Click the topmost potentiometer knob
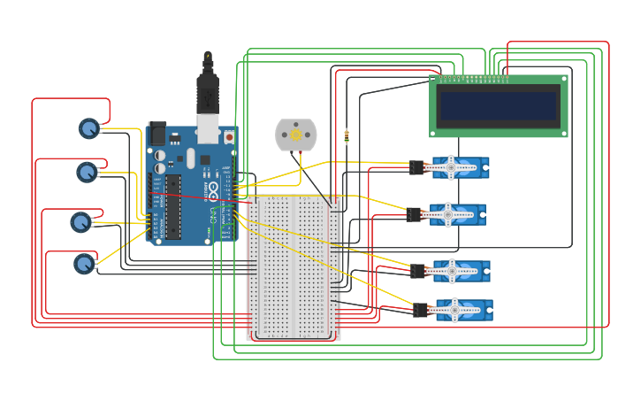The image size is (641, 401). (x=88, y=129)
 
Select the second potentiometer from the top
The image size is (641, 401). (x=87, y=172)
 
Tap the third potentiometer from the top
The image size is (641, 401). (x=80, y=222)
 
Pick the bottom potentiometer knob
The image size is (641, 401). (x=84, y=263)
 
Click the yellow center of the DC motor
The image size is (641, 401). (x=295, y=135)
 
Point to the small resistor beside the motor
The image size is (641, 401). (x=346, y=136)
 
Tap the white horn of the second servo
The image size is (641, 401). (x=448, y=213)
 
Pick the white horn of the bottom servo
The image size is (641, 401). (x=454, y=309)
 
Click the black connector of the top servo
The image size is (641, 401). (x=416, y=167)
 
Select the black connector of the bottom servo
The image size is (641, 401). (x=420, y=310)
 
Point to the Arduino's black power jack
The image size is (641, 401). (x=156, y=133)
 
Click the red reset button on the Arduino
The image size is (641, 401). (x=229, y=137)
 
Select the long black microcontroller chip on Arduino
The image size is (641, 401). (x=173, y=207)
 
